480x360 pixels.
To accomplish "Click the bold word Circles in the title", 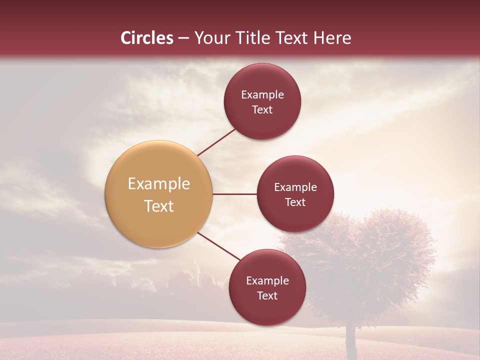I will pyautogui.click(x=147, y=38).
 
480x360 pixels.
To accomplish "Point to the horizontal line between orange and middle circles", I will pyautogui.click(x=234, y=194).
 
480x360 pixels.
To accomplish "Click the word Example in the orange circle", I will pyautogui.click(x=159, y=184).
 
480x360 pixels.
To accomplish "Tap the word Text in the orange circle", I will pyautogui.click(x=159, y=206).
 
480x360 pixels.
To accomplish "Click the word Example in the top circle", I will pyautogui.click(x=262, y=94).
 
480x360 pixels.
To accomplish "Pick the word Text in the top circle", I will pyautogui.click(x=262, y=109).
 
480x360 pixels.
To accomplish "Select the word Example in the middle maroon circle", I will pyautogui.click(x=295, y=187).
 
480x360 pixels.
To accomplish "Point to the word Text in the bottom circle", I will pyautogui.click(x=267, y=295).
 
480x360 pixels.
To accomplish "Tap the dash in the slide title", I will pyautogui.click(x=183, y=38).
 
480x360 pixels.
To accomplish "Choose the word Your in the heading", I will pyautogui.click(x=208, y=38).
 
